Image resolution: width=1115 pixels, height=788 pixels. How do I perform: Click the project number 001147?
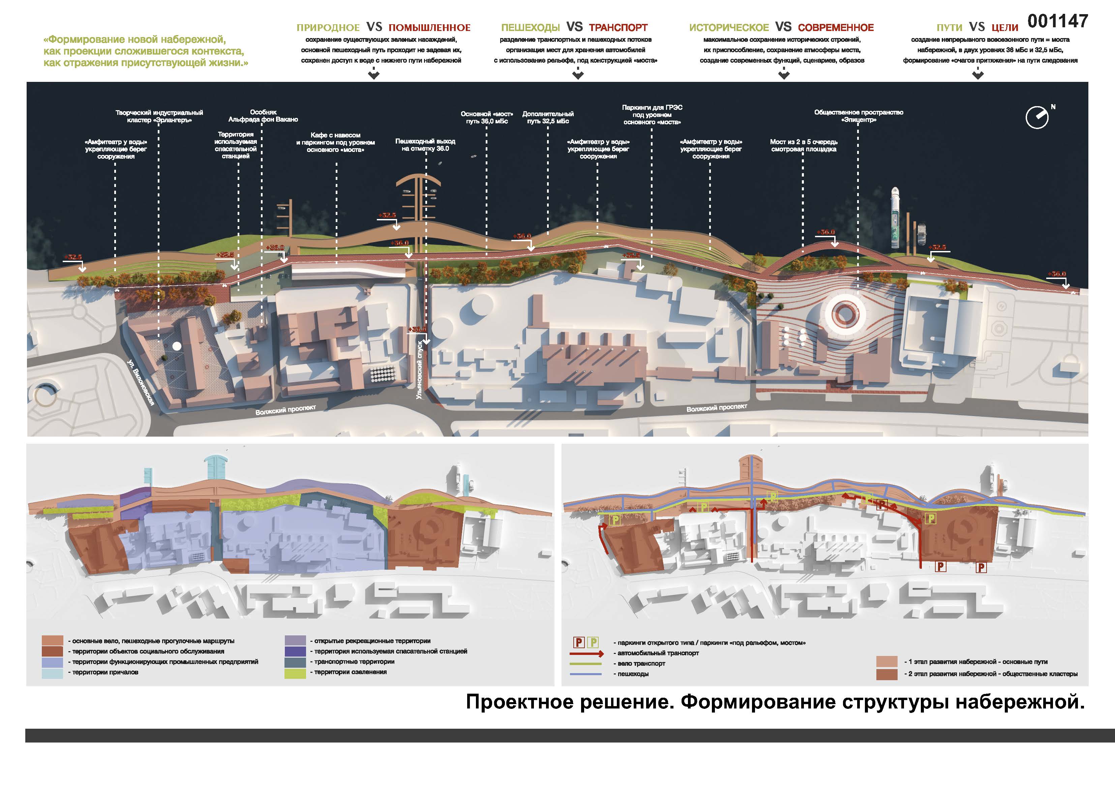[1057, 21]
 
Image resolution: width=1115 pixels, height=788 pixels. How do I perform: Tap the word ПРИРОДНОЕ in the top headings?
[328, 28]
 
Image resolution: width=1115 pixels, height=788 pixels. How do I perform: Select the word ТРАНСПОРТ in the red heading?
[618, 28]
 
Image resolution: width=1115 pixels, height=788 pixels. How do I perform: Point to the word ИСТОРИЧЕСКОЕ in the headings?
[728, 28]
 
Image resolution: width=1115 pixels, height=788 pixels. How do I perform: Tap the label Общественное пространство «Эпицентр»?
[858, 116]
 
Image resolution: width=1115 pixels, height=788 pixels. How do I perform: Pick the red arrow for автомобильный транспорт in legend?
[587, 654]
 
